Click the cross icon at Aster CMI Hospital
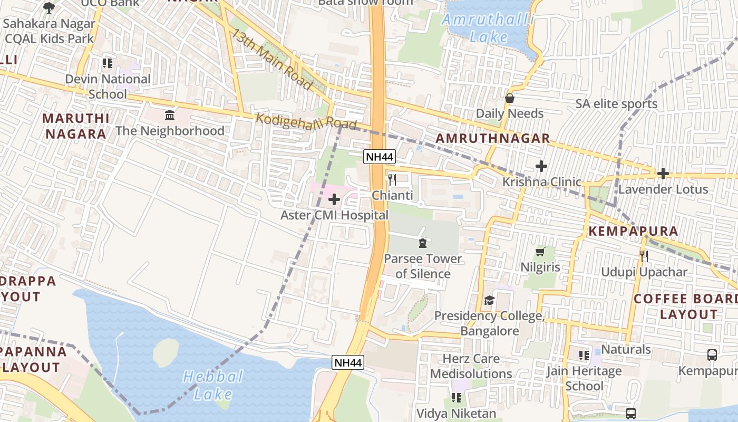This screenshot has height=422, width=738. [334, 200]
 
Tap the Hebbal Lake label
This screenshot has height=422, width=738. [213, 385]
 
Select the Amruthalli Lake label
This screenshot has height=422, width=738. [488, 28]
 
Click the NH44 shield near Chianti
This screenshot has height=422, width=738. [379, 157]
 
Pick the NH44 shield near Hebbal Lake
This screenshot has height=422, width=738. [348, 362]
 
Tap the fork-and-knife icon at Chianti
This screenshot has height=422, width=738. [392, 180]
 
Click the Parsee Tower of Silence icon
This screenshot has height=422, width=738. [422, 243]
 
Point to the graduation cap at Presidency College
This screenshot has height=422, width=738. [489, 301]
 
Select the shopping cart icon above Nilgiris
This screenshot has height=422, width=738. [540, 252]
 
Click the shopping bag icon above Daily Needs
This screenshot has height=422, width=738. [510, 98]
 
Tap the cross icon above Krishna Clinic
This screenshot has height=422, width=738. [541, 167]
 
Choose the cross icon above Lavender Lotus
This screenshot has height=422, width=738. [663, 174]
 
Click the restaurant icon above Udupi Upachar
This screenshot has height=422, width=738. [644, 256]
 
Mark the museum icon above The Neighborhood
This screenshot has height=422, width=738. [170, 115]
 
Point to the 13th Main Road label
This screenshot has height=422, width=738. [271, 59]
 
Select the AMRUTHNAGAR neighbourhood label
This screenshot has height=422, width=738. [493, 139]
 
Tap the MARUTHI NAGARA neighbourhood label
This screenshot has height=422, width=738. [76, 126]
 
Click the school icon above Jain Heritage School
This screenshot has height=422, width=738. [584, 356]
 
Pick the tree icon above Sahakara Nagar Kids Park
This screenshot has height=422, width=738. [49, 7]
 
